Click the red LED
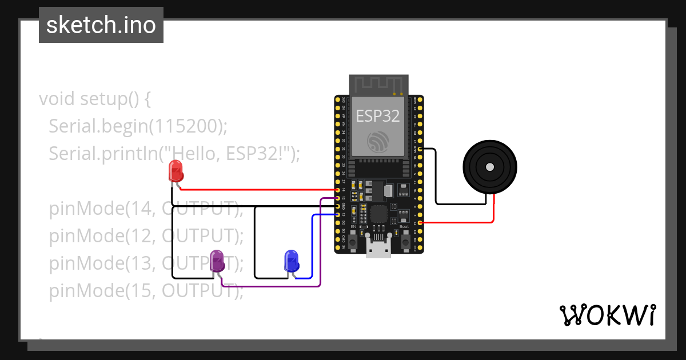pos(176,171)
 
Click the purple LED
pos(217,261)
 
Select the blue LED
pos(292,261)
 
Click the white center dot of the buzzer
pos(489,167)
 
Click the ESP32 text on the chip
pos(378,115)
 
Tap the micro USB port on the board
pos(378,249)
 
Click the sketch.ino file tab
pos(101,25)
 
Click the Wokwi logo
pos(607,315)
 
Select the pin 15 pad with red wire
pos(421,223)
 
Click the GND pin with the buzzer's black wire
pos(421,149)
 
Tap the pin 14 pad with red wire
pos(338,190)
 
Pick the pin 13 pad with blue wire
pos(338,214)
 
